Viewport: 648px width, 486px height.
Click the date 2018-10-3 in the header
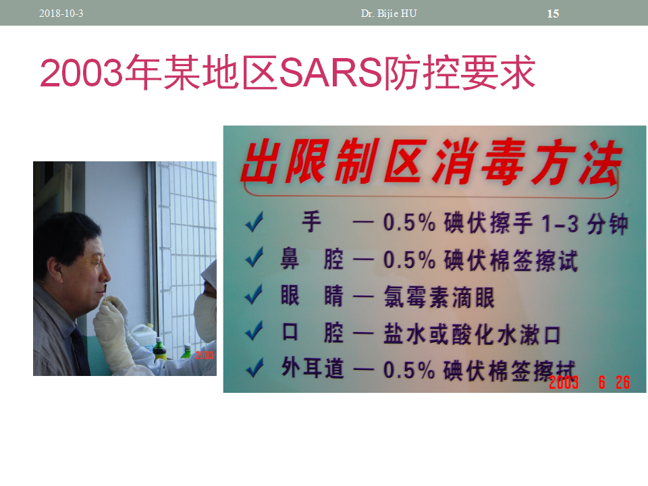61,13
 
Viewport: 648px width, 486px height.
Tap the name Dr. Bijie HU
389,13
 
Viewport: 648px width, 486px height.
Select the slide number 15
553,13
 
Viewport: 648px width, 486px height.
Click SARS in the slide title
331,73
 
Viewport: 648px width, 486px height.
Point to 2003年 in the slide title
101,73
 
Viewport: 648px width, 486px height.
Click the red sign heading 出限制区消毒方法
431,161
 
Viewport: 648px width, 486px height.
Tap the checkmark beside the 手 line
254,221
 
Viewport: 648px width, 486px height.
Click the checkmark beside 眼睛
254,294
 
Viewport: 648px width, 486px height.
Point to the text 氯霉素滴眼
439,297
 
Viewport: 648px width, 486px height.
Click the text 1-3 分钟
585,223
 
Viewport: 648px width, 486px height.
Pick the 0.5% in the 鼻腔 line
409,260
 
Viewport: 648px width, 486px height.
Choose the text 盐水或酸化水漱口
472,334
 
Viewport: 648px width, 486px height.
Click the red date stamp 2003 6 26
589,382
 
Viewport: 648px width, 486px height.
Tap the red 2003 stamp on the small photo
205,355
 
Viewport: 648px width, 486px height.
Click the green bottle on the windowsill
159,350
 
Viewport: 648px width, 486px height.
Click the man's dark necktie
80,350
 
